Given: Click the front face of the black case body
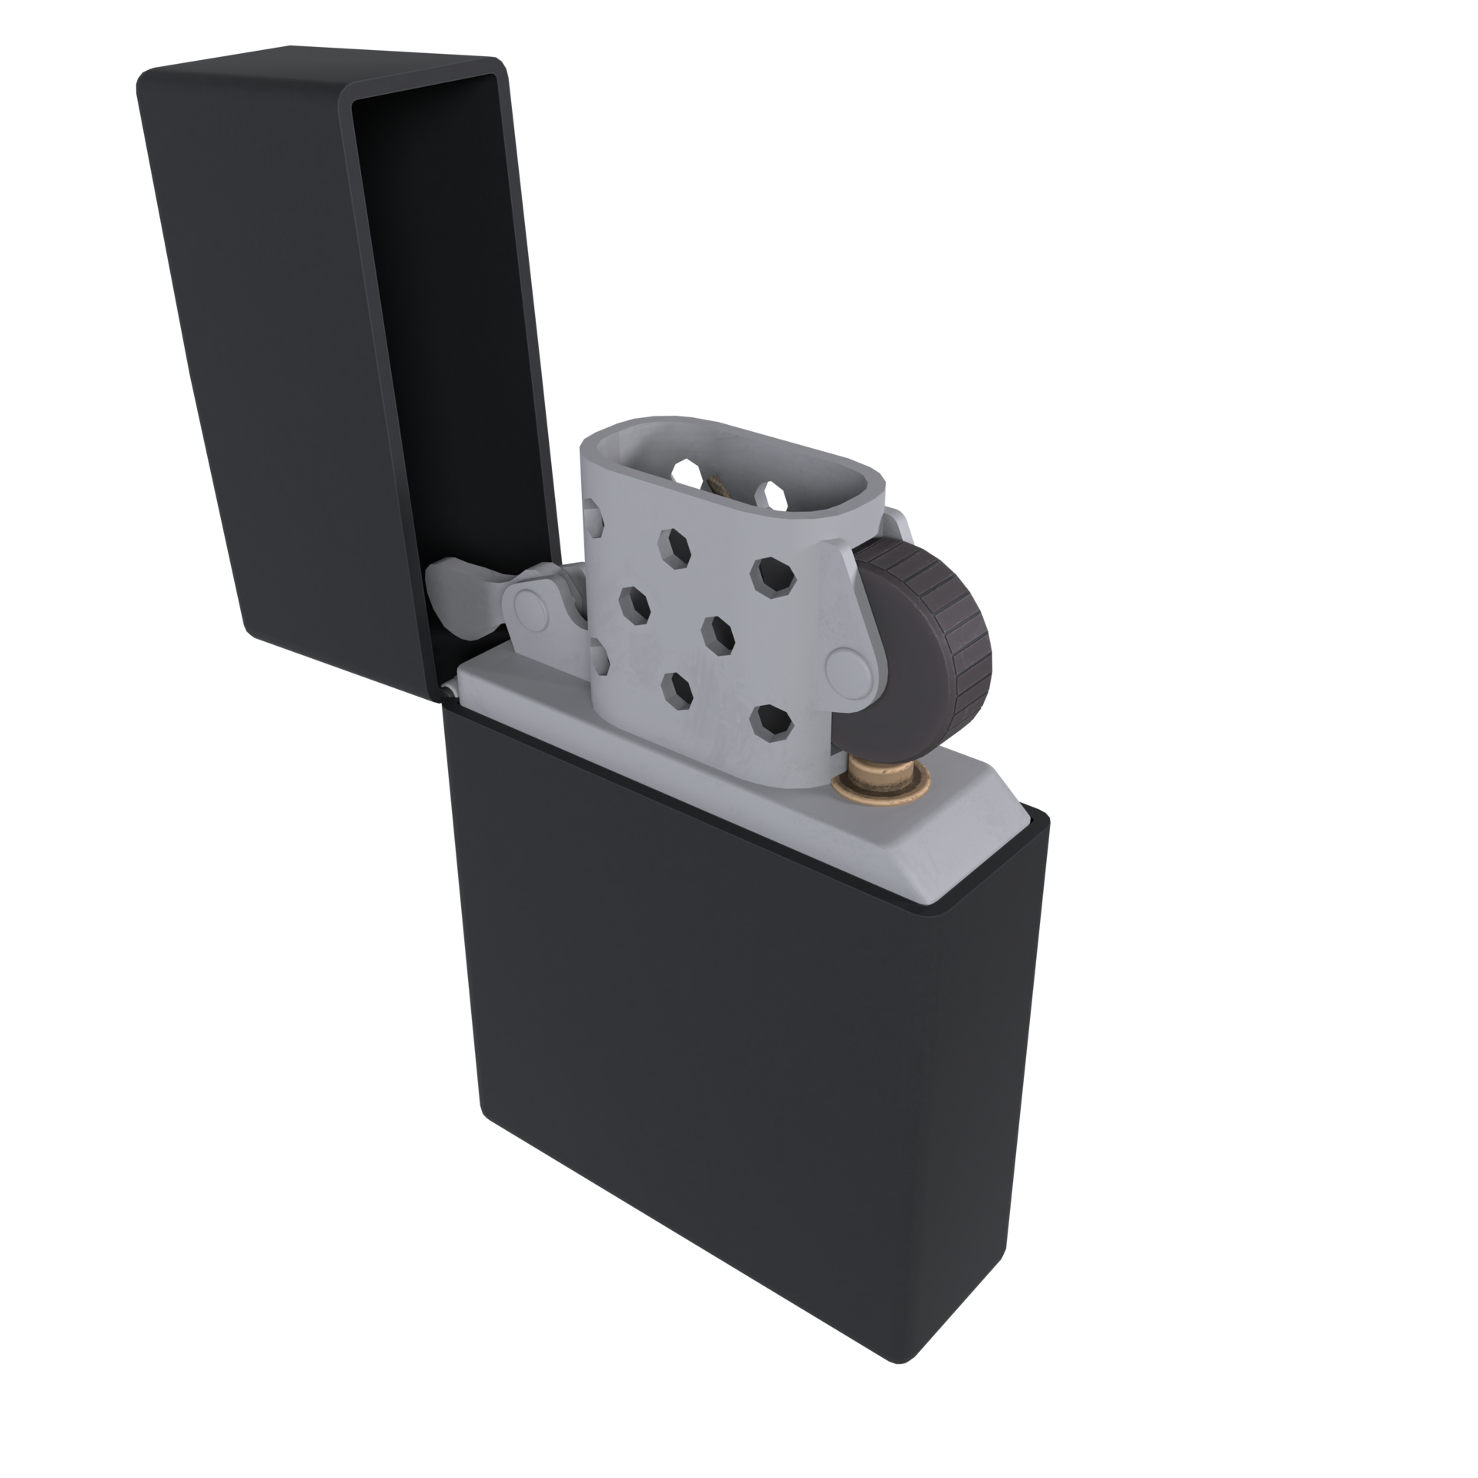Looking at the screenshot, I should [x=693, y=1078].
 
